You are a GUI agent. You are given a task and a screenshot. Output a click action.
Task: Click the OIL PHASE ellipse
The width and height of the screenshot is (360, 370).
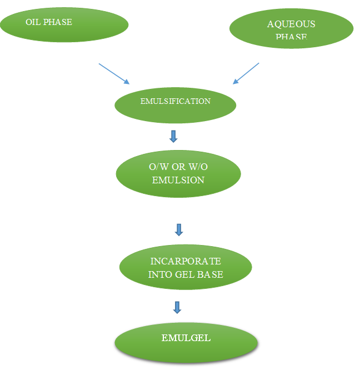tap(64, 24)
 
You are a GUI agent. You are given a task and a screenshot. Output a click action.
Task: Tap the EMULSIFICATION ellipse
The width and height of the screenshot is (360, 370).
tap(176, 104)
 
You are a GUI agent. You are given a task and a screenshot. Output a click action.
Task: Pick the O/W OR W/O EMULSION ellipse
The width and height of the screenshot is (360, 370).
tap(178, 173)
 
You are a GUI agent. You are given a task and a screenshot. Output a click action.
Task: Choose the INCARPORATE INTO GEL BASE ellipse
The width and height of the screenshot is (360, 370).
tap(186, 267)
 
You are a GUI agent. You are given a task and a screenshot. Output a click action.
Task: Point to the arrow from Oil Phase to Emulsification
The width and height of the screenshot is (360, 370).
tap(114, 74)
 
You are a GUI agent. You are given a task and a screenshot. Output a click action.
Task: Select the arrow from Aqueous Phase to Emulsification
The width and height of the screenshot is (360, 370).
tap(246, 73)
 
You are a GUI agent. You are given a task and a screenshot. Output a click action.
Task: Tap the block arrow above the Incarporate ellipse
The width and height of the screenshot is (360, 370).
tap(179, 229)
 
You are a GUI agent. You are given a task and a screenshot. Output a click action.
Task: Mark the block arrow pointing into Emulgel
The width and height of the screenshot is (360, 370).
tap(177, 307)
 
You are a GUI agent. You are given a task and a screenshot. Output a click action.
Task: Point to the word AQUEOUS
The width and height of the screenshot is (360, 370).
tap(291, 24)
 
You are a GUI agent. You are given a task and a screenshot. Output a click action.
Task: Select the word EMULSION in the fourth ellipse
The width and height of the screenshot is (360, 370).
tap(178, 180)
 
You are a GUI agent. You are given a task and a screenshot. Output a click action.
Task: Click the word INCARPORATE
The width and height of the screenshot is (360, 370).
tap(186, 261)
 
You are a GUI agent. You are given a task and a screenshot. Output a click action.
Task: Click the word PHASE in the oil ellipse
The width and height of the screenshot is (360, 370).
tap(58, 22)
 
